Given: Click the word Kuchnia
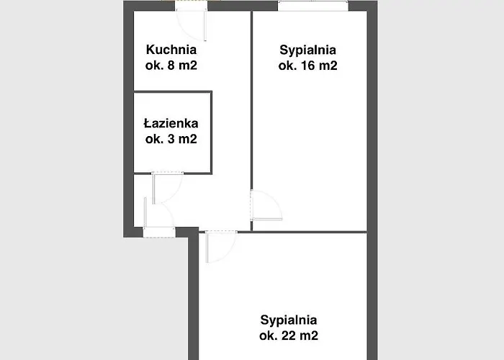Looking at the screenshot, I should coord(171,50).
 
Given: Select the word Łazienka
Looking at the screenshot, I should coord(171,125).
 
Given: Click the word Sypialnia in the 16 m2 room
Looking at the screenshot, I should coord(308,50).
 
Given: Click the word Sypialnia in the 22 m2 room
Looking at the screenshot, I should coord(289,320).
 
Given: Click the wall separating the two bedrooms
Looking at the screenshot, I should coord(310,232).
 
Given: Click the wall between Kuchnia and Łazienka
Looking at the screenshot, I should coord(173,91).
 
